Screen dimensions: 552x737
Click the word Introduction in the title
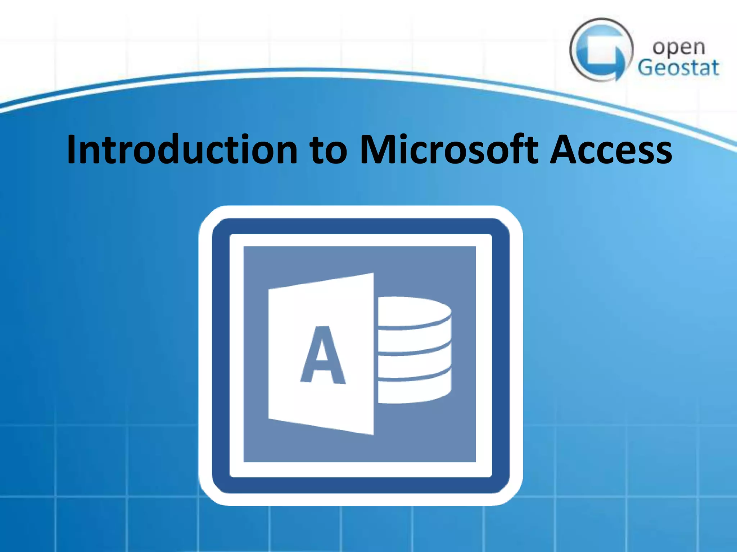click(x=182, y=149)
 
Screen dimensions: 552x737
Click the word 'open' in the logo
click(x=679, y=48)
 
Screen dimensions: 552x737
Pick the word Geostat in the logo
click(x=679, y=68)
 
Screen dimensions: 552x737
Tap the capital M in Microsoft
click(x=376, y=149)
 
